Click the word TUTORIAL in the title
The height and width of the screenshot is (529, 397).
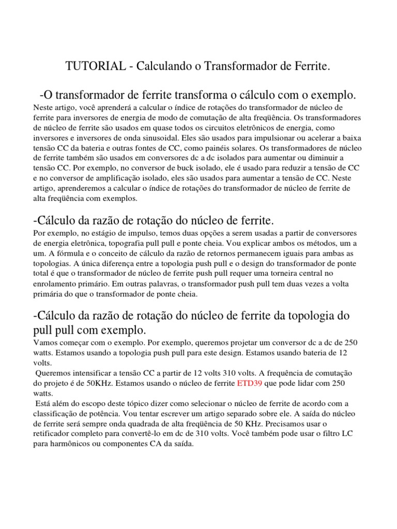pyautogui.click(x=95, y=67)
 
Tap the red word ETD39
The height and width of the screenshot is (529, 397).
pyautogui.click(x=250, y=384)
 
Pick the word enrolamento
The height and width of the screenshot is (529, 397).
pyautogui.click(x=55, y=284)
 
